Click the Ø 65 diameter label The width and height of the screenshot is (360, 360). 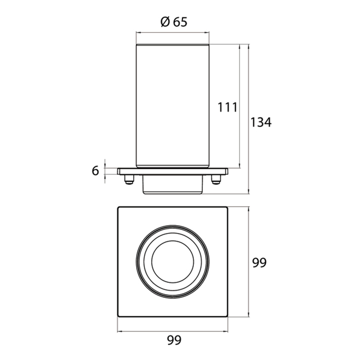(x=174, y=22)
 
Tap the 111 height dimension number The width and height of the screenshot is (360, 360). (x=227, y=107)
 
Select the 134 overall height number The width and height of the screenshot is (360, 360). (x=261, y=122)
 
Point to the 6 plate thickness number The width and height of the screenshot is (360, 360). (x=95, y=171)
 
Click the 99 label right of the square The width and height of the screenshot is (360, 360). (x=259, y=262)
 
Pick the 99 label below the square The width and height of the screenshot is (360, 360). (x=174, y=340)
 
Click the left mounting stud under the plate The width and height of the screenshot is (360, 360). (x=129, y=179)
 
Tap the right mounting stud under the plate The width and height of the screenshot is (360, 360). (x=216, y=179)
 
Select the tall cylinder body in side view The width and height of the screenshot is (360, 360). (x=173, y=106)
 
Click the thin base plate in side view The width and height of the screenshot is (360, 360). (x=173, y=171)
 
